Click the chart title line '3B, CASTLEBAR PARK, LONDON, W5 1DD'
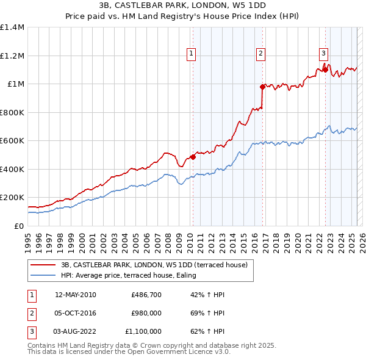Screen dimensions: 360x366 pos(182,5)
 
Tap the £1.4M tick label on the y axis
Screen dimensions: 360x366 pos(12,27)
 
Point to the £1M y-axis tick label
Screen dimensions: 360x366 pos(15,84)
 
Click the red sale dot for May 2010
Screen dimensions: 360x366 pos(193,157)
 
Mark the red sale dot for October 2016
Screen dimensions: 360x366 pos(262,87)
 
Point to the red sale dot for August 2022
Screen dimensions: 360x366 pos(325,70)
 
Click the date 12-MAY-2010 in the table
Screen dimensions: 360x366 pos(75,295)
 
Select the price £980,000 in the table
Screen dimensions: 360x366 pos(146,313)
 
